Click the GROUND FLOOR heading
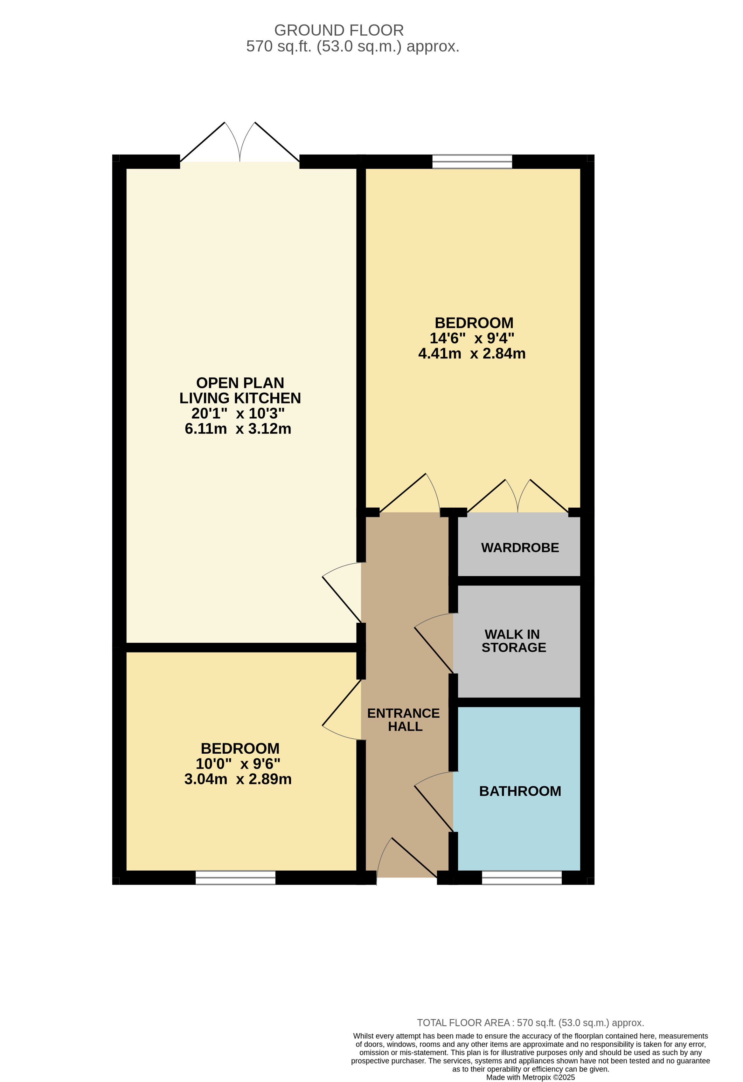(339, 30)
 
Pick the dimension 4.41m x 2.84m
(472, 354)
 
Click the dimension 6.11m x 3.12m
(238, 429)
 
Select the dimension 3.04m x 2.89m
(238, 779)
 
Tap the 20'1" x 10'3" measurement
(238, 414)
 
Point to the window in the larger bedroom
(472, 161)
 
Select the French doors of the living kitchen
(240, 142)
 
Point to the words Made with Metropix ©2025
(530, 1077)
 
